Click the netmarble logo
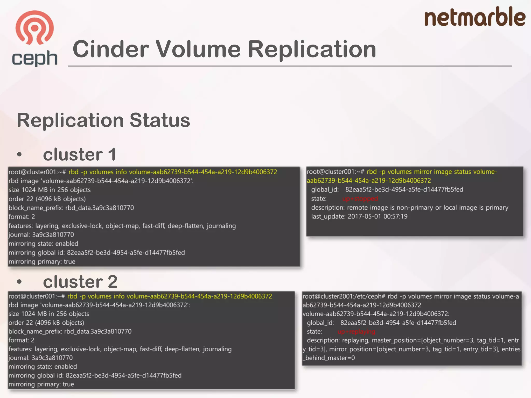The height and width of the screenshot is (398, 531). click(x=474, y=17)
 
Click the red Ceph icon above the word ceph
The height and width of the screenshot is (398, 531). click(x=34, y=27)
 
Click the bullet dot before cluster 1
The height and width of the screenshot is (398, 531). click(x=19, y=155)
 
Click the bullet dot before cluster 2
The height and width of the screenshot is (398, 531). click(x=19, y=282)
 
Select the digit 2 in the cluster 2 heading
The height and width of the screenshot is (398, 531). click(x=112, y=282)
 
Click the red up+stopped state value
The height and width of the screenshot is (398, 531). click(x=360, y=199)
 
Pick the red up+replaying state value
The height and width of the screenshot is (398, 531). click(x=356, y=332)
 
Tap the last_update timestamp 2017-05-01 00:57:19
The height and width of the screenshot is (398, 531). click(x=378, y=216)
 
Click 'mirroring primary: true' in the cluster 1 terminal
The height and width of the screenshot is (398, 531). click(x=42, y=261)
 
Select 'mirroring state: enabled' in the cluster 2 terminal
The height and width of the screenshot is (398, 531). click(x=43, y=367)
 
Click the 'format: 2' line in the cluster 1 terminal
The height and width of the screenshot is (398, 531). click(x=22, y=217)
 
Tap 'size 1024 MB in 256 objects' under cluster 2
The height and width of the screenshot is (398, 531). click(x=49, y=314)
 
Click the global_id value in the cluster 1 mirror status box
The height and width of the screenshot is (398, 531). click(x=404, y=190)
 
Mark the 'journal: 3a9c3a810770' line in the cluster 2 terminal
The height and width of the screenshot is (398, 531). click(x=41, y=358)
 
